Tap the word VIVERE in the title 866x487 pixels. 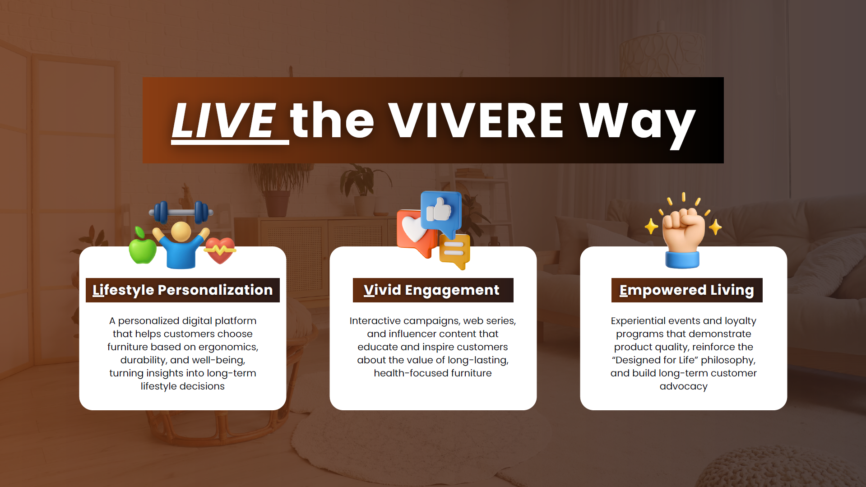tap(476, 120)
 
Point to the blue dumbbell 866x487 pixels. tap(181, 212)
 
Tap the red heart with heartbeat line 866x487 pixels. tap(220, 250)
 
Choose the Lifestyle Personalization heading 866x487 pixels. tap(183, 290)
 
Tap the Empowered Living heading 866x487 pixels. tap(687, 290)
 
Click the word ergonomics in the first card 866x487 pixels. tap(228, 347)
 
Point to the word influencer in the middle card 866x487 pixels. tap(410, 334)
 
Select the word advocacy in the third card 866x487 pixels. tap(684, 386)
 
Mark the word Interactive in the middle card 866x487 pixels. tap(375, 320)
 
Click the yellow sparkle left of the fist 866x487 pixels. tap(651, 226)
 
